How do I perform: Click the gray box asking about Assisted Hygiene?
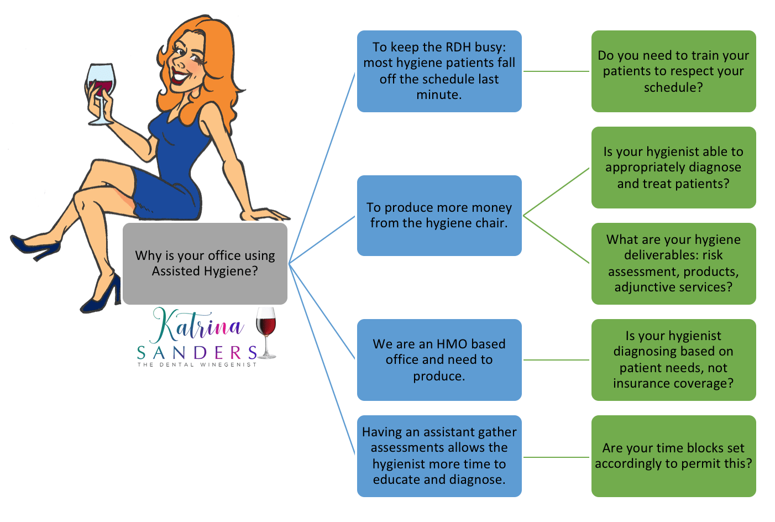tap(205, 264)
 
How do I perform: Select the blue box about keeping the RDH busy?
tap(439, 71)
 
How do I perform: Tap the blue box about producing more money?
tap(439, 216)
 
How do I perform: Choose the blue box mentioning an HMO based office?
tap(439, 360)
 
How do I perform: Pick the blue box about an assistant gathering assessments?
tap(439, 456)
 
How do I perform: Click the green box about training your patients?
tap(673, 71)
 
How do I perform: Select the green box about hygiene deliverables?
tap(673, 264)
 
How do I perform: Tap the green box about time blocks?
tap(673, 456)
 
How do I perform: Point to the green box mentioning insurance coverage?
tap(673, 360)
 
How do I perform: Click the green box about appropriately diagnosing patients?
tap(673, 168)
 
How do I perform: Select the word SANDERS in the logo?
tap(197, 353)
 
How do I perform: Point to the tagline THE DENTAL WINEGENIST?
tap(197, 365)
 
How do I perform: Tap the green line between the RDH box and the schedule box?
tap(556, 71)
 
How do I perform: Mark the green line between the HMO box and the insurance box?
tap(556, 360)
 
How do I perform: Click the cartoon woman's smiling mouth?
tap(178, 77)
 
